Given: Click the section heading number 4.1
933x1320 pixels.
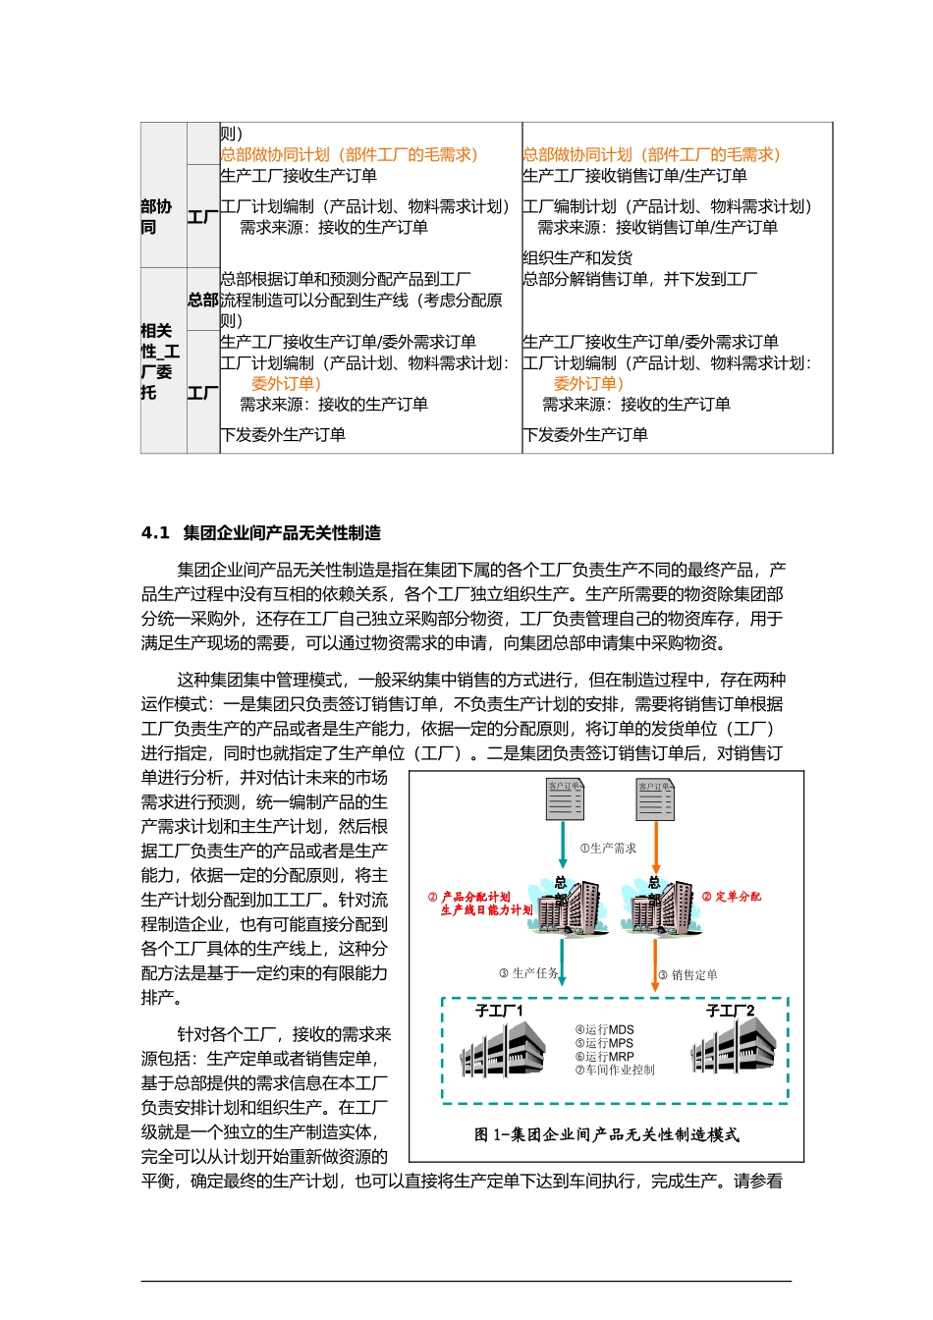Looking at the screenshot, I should (155, 533).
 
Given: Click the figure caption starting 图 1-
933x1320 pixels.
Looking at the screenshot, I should (606, 1134).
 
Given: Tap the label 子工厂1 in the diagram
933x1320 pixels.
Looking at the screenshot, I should (499, 1011).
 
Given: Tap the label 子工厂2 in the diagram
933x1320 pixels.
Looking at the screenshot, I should (731, 1011).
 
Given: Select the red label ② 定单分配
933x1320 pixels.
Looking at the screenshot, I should (732, 897).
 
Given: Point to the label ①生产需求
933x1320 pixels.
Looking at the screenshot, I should (608, 849).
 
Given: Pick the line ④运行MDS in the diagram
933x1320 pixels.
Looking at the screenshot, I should (604, 1030).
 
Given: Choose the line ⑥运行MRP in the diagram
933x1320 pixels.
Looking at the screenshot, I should (604, 1057).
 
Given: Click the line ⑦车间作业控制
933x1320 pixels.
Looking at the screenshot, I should (615, 1071).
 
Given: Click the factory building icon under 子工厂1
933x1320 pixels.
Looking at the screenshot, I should (503, 1052).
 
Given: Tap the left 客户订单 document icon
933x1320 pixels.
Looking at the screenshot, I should (565, 799).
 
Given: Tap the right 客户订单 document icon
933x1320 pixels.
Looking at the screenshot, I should (655, 799).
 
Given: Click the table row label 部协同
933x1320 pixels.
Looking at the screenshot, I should (155, 217).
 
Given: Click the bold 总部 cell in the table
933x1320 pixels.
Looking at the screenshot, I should (203, 300).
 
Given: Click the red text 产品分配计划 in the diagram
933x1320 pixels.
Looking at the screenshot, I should (476, 897).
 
